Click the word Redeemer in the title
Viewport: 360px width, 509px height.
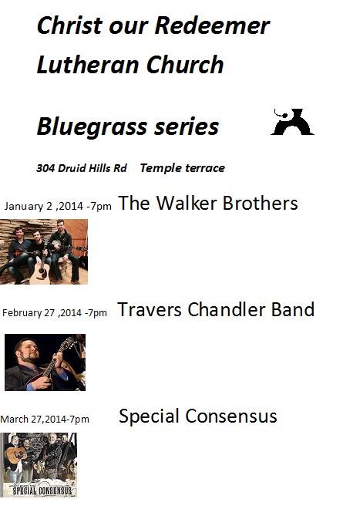tap(212, 25)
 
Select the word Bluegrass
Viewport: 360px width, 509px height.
tap(92, 127)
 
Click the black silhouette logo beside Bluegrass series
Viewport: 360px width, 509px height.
tap(292, 122)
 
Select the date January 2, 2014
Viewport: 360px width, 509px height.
tap(43, 206)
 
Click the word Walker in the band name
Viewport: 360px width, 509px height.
tap(187, 203)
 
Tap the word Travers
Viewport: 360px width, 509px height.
tap(149, 309)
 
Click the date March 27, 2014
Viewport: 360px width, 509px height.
tap(33, 419)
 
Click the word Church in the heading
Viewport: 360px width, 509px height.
tap(185, 64)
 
